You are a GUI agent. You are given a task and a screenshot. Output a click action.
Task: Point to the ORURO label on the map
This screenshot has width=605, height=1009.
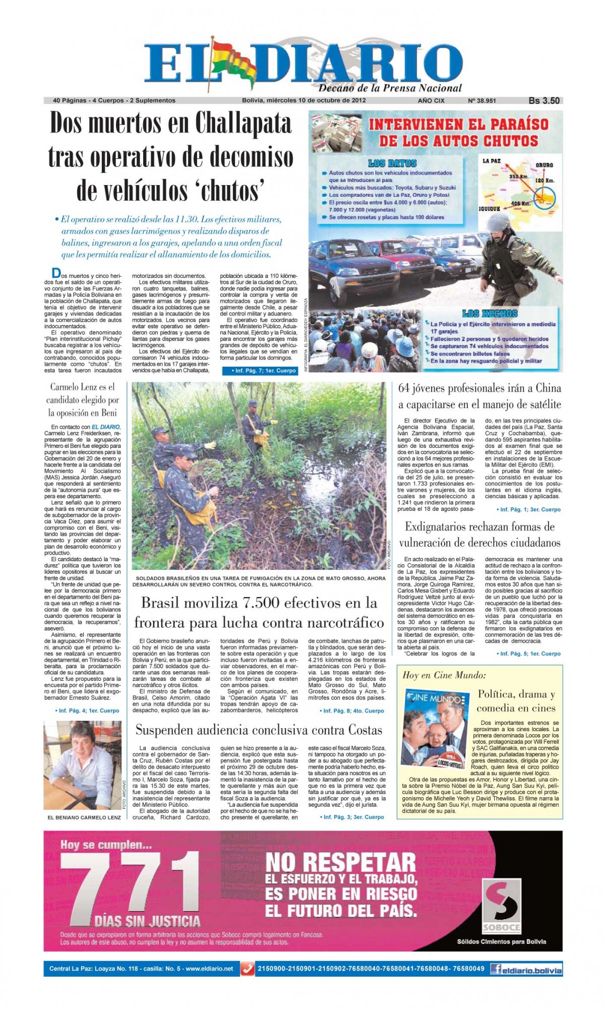click(544, 165)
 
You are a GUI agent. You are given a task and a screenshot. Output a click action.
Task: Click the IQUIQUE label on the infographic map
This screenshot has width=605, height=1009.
click(489, 208)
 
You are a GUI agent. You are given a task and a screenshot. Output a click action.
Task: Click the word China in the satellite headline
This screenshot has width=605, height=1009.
click(545, 388)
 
